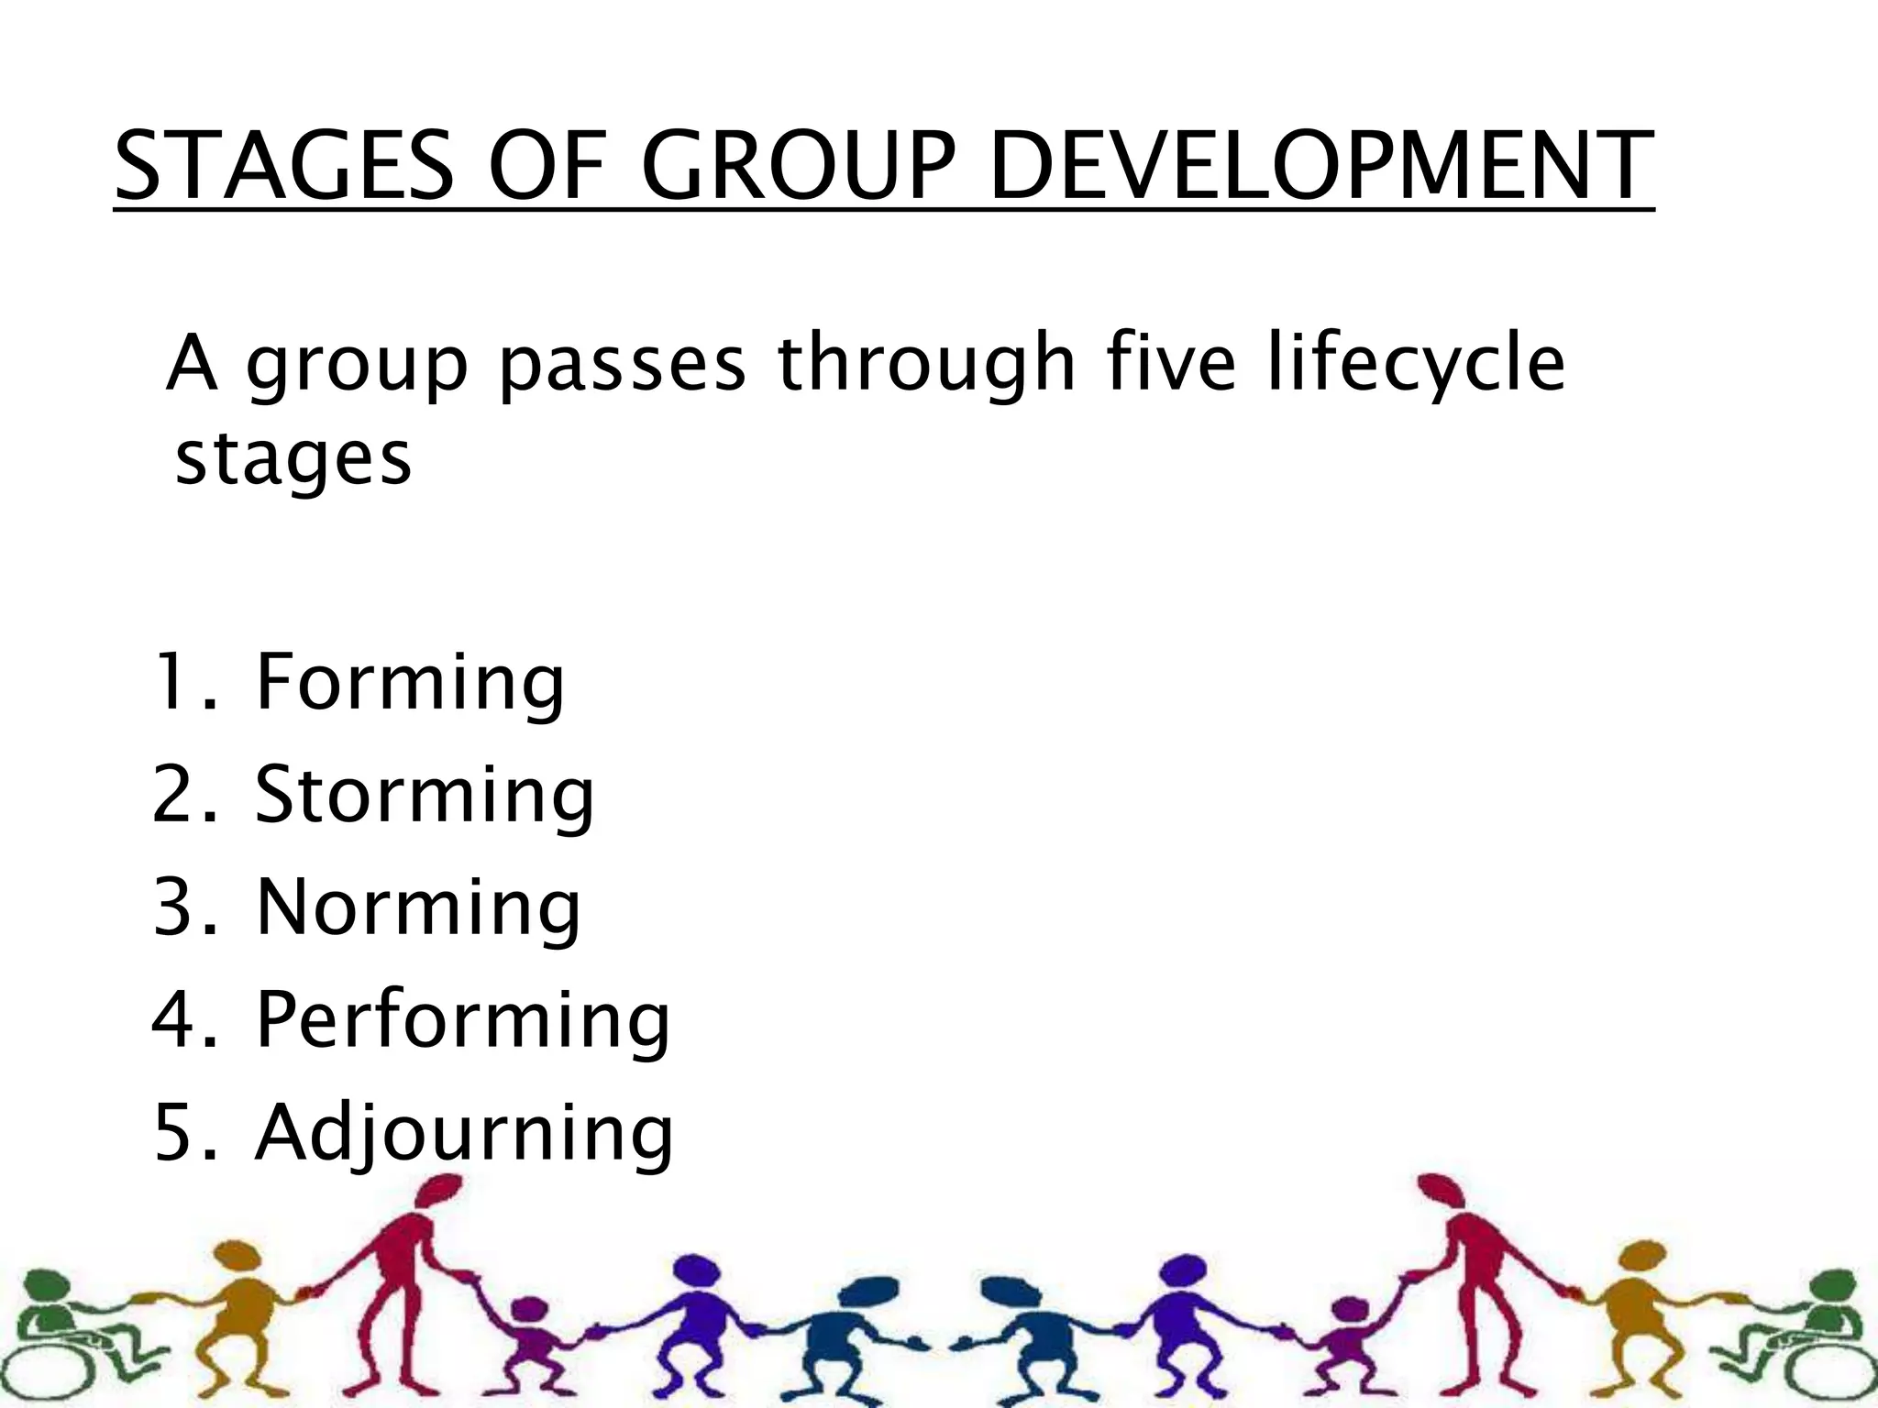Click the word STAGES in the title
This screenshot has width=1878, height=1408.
click(x=285, y=167)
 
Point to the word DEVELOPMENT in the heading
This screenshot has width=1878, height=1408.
click(x=1321, y=167)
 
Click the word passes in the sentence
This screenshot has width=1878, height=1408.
click(x=623, y=365)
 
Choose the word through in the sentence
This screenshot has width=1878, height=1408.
click(x=926, y=365)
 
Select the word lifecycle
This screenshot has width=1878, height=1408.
click(x=1416, y=365)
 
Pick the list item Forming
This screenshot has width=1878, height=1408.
click(x=410, y=683)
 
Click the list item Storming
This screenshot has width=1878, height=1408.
click(x=425, y=795)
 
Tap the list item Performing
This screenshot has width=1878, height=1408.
click(x=463, y=1021)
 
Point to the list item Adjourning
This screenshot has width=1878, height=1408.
click(x=464, y=1134)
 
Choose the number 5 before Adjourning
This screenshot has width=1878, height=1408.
click(x=175, y=1134)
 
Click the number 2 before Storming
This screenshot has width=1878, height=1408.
click(x=175, y=795)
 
